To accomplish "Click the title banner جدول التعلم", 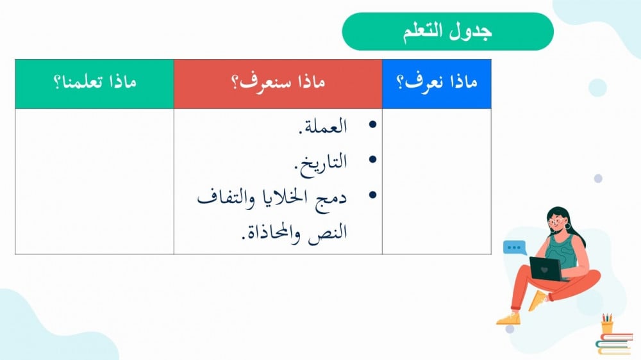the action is (x=447, y=31).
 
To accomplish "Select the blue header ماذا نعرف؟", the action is (x=437, y=84).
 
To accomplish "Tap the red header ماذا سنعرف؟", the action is (x=278, y=84).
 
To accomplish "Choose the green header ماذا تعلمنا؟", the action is (x=94, y=84).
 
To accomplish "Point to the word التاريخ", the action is (x=320, y=163).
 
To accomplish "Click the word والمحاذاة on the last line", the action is (x=271, y=233).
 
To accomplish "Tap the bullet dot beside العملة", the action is (x=372, y=124).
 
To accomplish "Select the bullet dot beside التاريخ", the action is (x=372, y=160).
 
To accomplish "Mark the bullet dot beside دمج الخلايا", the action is (x=372, y=195).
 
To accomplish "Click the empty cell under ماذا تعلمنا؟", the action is (x=94, y=181).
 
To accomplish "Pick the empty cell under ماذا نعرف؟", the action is (x=437, y=181).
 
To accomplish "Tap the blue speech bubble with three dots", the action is (x=514, y=248).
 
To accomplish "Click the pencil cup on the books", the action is (x=607, y=325).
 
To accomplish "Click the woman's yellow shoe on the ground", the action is (x=509, y=318).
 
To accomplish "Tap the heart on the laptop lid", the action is (x=544, y=270).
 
